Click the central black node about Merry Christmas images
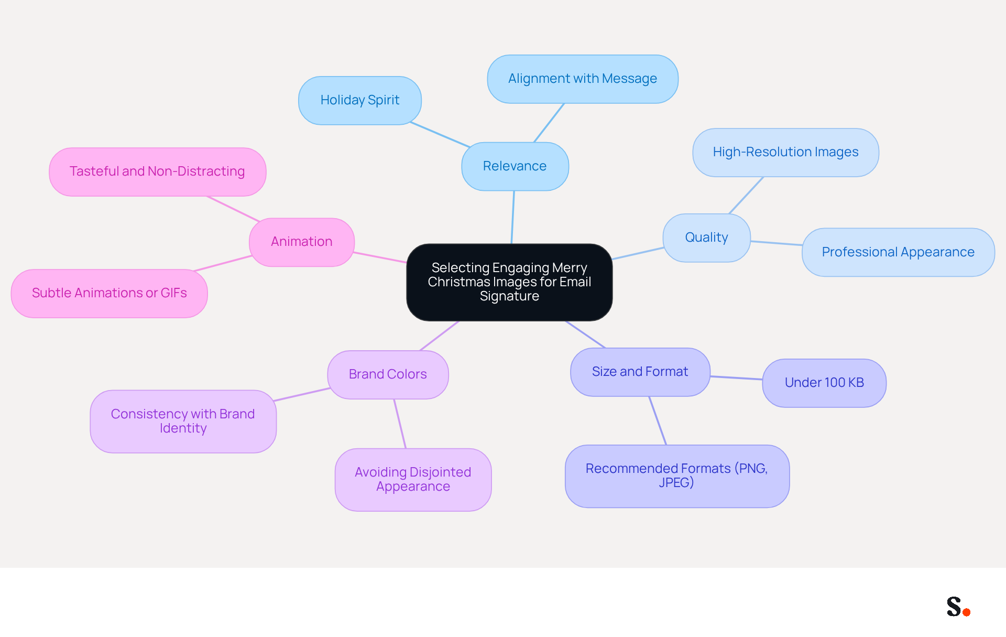point(509,282)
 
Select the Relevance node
point(515,166)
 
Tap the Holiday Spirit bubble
point(360,100)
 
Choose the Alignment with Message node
point(583,79)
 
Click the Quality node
point(707,237)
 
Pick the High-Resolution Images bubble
point(785,152)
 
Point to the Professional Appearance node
point(898,252)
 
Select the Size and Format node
point(640,372)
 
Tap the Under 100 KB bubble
point(824,383)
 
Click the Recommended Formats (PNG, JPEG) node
point(677,476)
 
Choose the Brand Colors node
point(388,374)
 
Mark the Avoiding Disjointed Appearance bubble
point(413,479)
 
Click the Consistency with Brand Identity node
point(183,421)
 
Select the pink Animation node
point(302,242)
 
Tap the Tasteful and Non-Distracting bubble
point(157,171)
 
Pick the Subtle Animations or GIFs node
point(110,293)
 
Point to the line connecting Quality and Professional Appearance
point(777,243)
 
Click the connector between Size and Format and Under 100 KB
point(736,377)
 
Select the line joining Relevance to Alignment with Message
point(549,123)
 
